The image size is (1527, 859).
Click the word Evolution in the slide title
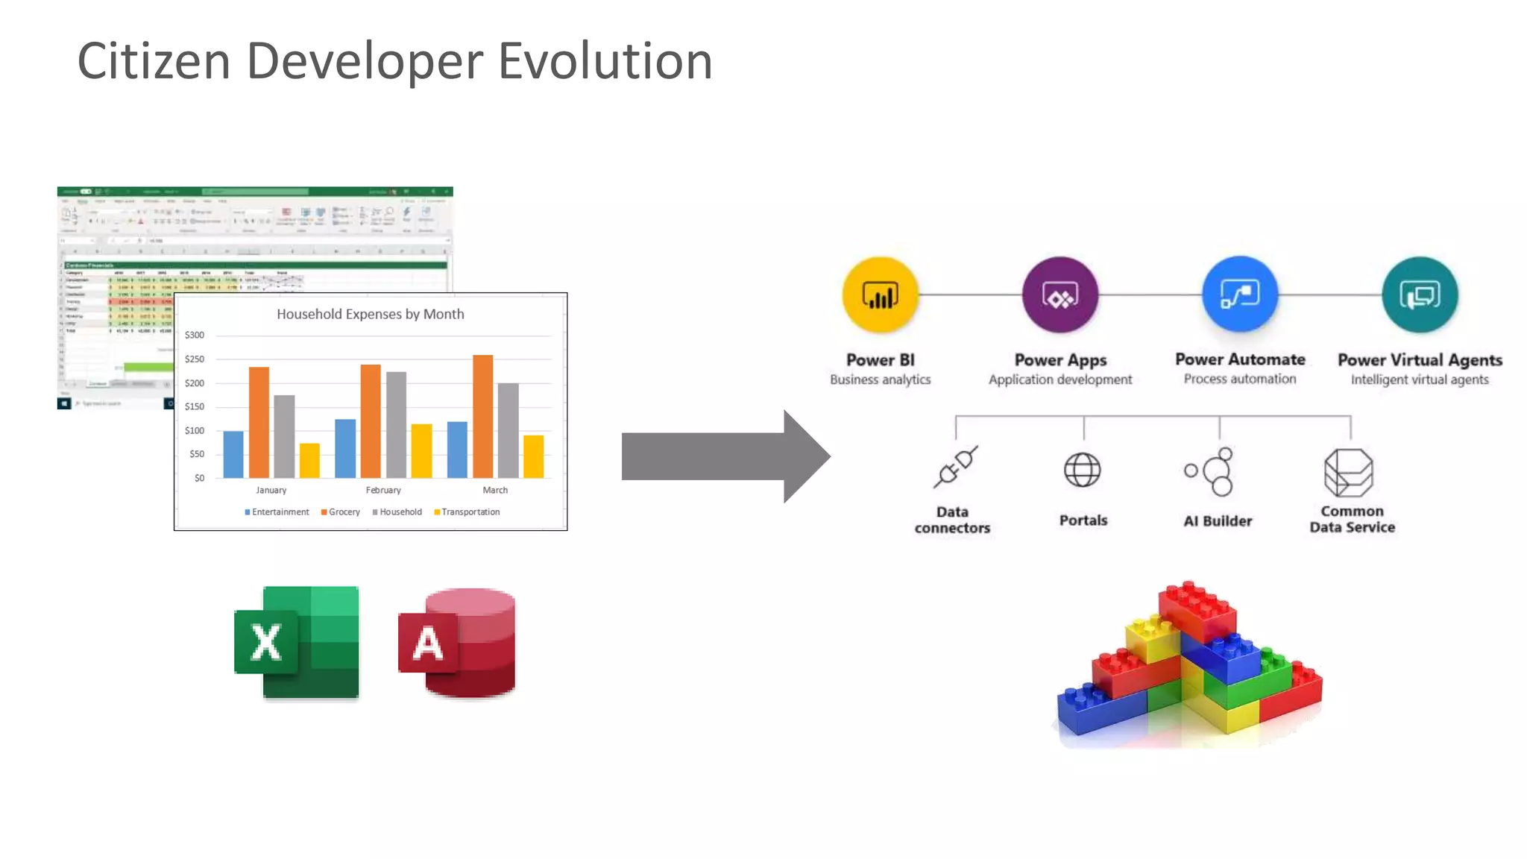tap(605, 61)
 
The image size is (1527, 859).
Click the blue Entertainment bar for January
tap(233, 454)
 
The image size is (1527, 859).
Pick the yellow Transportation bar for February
tap(421, 450)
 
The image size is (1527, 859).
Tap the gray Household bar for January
tap(284, 436)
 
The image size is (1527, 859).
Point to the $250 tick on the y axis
tap(194, 359)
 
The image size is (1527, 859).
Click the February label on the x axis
tap(383, 490)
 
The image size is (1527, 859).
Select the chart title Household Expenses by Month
tap(370, 314)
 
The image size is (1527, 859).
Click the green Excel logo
tap(297, 642)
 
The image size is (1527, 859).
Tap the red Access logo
tap(457, 643)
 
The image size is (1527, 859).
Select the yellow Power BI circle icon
tap(880, 295)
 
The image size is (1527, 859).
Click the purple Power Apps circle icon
tap(1060, 295)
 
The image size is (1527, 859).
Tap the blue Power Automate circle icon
tap(1239, 295)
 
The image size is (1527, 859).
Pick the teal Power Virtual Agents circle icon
tap(1419, 295)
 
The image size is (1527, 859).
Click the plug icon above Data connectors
tap(954, 468)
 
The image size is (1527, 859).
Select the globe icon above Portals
tap(1082, 470)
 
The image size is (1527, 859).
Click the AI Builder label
tap(1218, 521)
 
